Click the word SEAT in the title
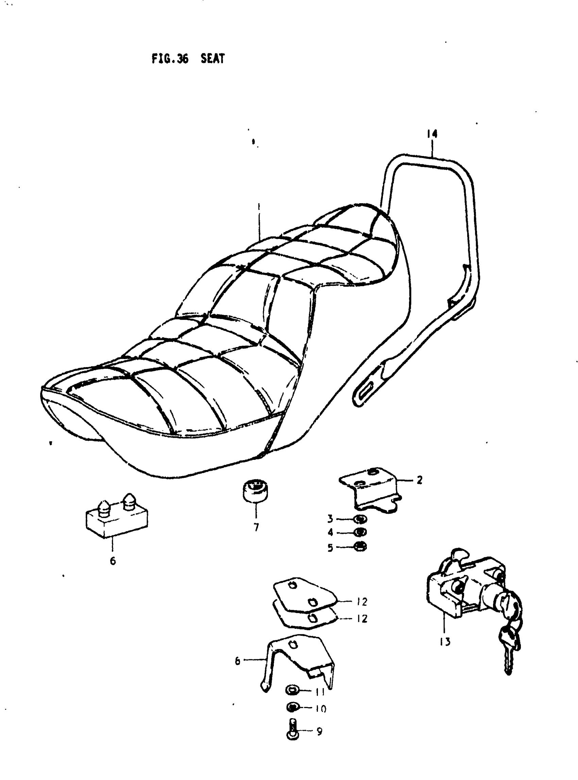[x=213, y=58]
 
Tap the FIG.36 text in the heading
[x=170, y=58]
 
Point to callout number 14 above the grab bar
[x=432, y=134]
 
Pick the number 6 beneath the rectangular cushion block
[x=113, y=561]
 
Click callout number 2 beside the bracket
[x=420, y=480]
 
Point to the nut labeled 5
[x=360, y=547]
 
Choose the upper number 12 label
[x=362, y=602]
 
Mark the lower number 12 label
[x=362, y=619]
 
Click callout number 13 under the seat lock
[x=445, y=641]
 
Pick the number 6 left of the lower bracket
[x=238, y=661]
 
